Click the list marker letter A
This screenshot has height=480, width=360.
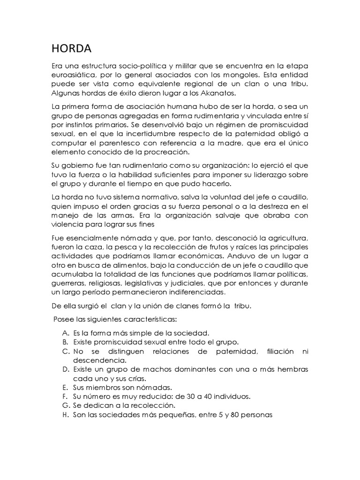point(65,332)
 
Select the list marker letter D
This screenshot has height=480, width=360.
point(65,369)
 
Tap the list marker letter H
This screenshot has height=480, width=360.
point(65,415)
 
